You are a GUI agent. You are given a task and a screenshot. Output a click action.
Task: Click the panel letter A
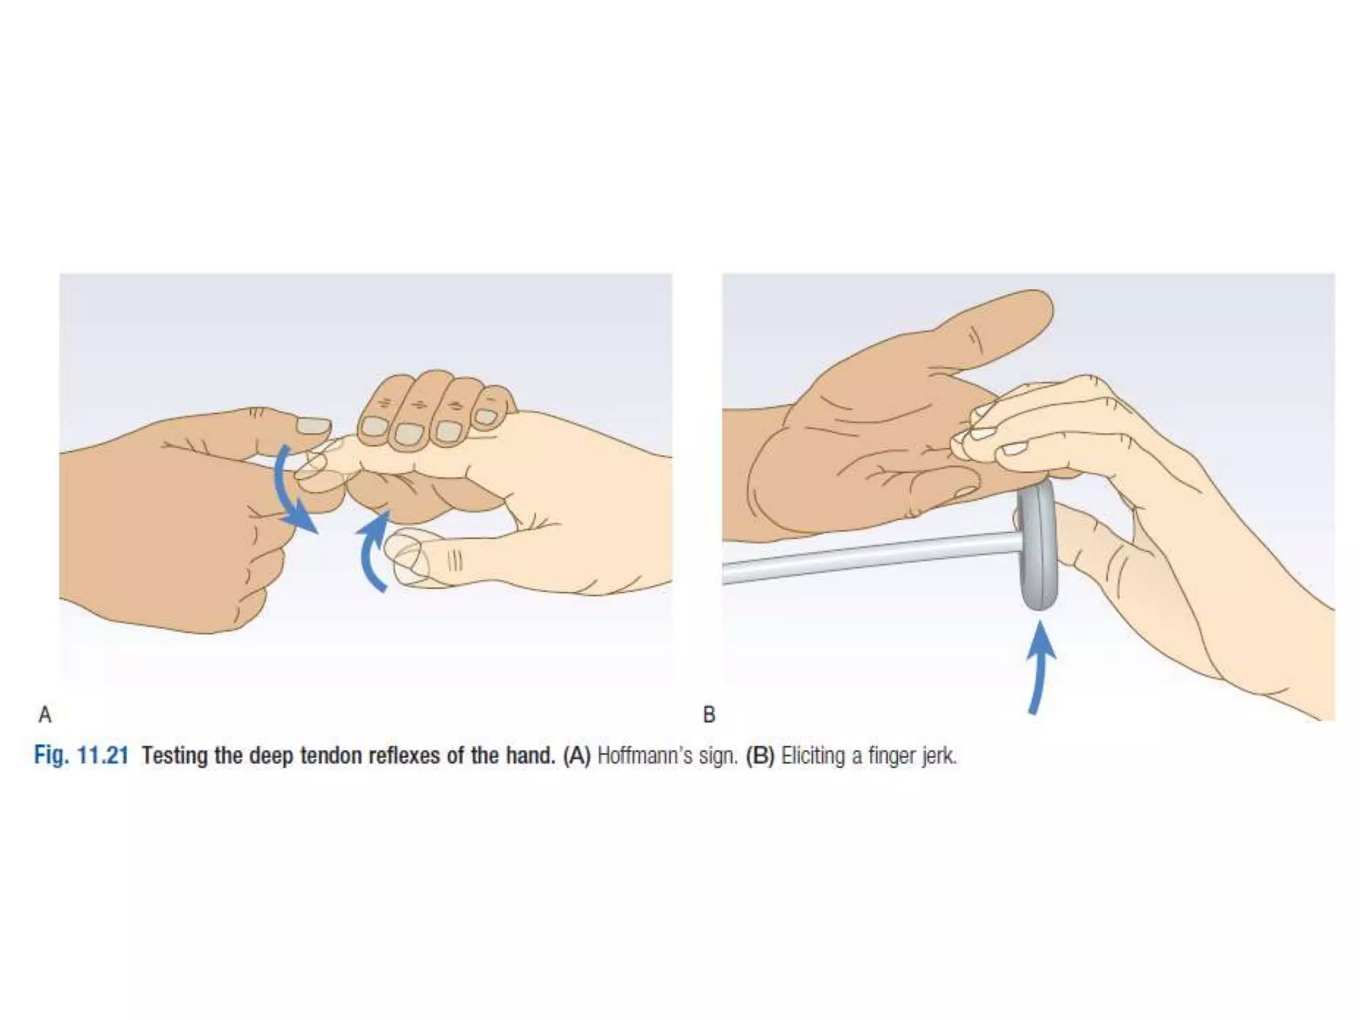(45, 715)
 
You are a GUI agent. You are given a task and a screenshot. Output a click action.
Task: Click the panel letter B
(709, 715)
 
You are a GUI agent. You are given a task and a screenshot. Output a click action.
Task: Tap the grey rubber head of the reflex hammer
(1036, 545)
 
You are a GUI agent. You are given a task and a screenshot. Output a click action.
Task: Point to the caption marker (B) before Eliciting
(760, 756)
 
